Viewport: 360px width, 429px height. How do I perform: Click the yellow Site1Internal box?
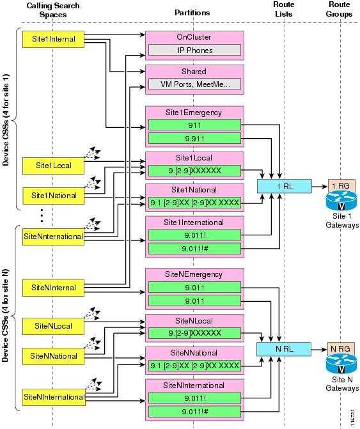pyautogui.click(x=53, y=39)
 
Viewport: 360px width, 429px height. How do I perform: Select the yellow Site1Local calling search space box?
pyautogui.click(x=53, y=166)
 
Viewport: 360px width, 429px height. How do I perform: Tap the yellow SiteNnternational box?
pyautogui.click(x=53, y=237)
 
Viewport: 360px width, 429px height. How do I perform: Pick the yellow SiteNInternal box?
pyautogui.click(x=53, y=288)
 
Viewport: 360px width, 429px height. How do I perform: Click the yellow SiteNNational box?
pyautogui.click(x=53, y=356)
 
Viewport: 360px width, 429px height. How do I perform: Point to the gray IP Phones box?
pyautogui.click(x=194, y=50)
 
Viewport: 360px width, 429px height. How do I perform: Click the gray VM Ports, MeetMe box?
pyautogui.click(x=194, y=84)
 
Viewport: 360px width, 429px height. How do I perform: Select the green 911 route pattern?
pyautogui.click(x=194, y=125)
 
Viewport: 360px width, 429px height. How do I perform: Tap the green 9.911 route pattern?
pyautogui.click(x=194, y=139)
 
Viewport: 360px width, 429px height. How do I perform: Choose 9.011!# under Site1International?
pyautogui.click(x=194, y=249)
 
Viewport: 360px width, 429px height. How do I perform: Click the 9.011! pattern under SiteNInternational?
pyautogui.click(x=194, y=398)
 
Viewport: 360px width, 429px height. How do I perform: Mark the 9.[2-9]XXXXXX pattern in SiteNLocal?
pyautogui.click(x=194, y=333)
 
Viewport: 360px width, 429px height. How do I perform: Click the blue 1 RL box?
pyautogui.click(x=284, y=186)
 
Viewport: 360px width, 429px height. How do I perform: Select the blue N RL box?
pyautogui.click(x=284, y=349)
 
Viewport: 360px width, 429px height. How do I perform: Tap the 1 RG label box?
pyautogui.click(x=341, y=185)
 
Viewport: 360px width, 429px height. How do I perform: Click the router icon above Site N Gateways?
pyautogui.click(x=341, y=364)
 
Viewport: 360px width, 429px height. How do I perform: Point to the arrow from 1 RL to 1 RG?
pyautogui.click(x=320, y=187)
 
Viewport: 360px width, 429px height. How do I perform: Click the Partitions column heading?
pyautogui.click(x=192, y=13)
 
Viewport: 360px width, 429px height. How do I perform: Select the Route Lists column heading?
pyautogui.click(x=284, y=9)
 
